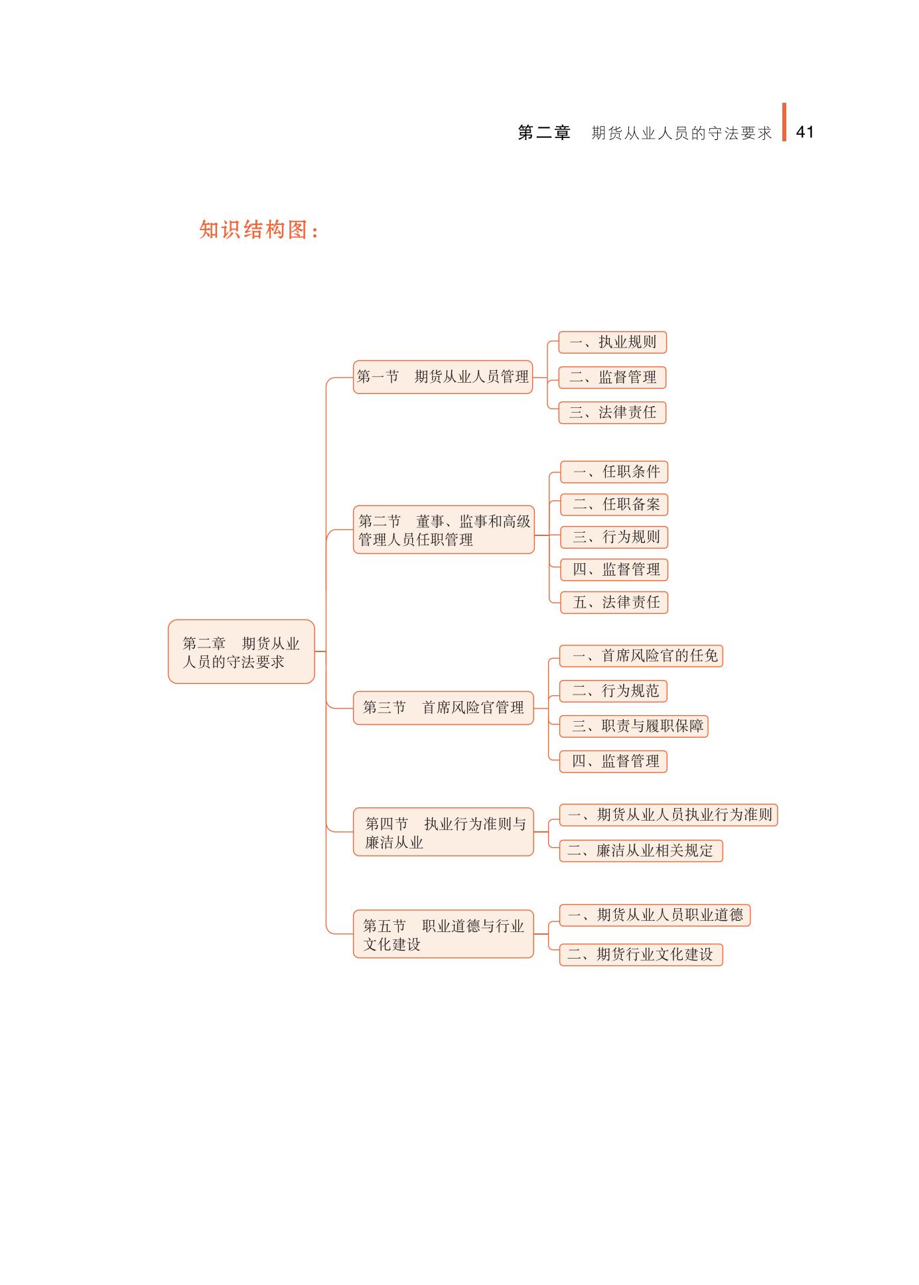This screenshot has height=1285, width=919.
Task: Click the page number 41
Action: tap(804, 132)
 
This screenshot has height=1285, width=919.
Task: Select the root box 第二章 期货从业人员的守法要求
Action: tap(241, 651)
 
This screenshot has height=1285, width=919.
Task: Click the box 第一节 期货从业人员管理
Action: tap(443, 377)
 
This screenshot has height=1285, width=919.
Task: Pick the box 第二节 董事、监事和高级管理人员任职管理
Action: tap(443, 530)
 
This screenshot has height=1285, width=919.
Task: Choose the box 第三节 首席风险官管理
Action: tap(443, 708)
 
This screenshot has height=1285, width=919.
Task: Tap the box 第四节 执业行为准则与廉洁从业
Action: tap(443, 833)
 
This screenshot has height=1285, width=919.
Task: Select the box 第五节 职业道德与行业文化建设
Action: tap(443, 934)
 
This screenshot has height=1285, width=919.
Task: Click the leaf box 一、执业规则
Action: tap(612, 342)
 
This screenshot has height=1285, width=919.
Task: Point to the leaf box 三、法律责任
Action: tap(612, 413)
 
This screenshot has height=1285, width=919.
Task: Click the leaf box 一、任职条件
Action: tap(614, 472)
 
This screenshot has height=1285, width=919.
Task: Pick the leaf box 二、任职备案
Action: tap(614, 505)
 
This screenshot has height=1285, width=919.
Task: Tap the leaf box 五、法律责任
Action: tap(614, 602)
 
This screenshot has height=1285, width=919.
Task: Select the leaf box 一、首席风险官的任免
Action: tap(641, 656)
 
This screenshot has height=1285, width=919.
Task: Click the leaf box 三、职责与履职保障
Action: tap(634, 726)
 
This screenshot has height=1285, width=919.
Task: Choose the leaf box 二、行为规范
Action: tap(613, 691)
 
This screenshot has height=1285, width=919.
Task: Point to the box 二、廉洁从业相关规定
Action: tap(641, 851)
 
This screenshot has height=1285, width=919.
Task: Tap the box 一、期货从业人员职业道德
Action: tap(655, 915)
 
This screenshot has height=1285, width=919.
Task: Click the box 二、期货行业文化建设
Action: tap(641, 955)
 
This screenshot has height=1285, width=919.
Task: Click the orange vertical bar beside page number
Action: tap(784, 123)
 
